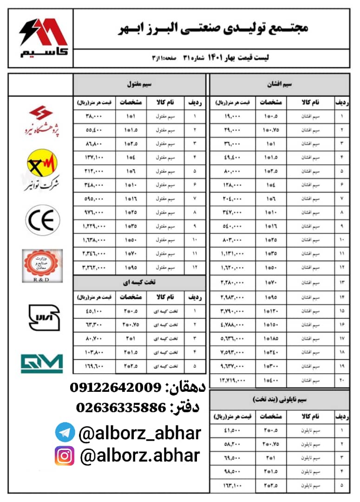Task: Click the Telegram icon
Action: [65, 432]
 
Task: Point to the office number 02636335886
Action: [121, 408]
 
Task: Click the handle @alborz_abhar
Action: [139, 433]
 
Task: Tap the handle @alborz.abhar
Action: [140, 456]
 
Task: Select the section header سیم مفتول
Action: [140, 85]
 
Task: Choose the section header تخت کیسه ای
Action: [140, 282]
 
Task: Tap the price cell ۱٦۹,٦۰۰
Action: [96, 366]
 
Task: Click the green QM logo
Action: [42, 363]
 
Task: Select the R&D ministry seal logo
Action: [42, 265]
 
